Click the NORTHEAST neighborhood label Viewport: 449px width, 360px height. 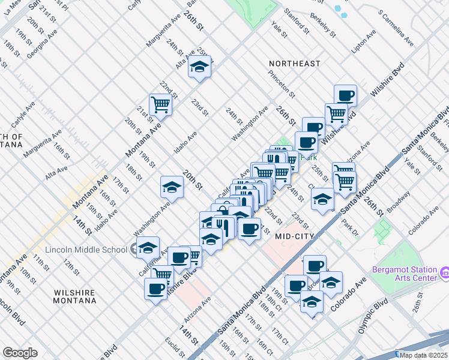[294, 64]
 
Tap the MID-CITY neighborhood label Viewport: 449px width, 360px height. [295, 236]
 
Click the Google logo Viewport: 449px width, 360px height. [20, 352]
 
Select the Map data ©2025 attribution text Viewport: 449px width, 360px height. [423, 355]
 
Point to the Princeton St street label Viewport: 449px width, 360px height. [282, 84]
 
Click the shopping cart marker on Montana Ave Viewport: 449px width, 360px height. [161, 105]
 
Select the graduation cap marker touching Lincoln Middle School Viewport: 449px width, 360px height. [148, 247]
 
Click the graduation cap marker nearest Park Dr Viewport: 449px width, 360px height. [323, 199]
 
